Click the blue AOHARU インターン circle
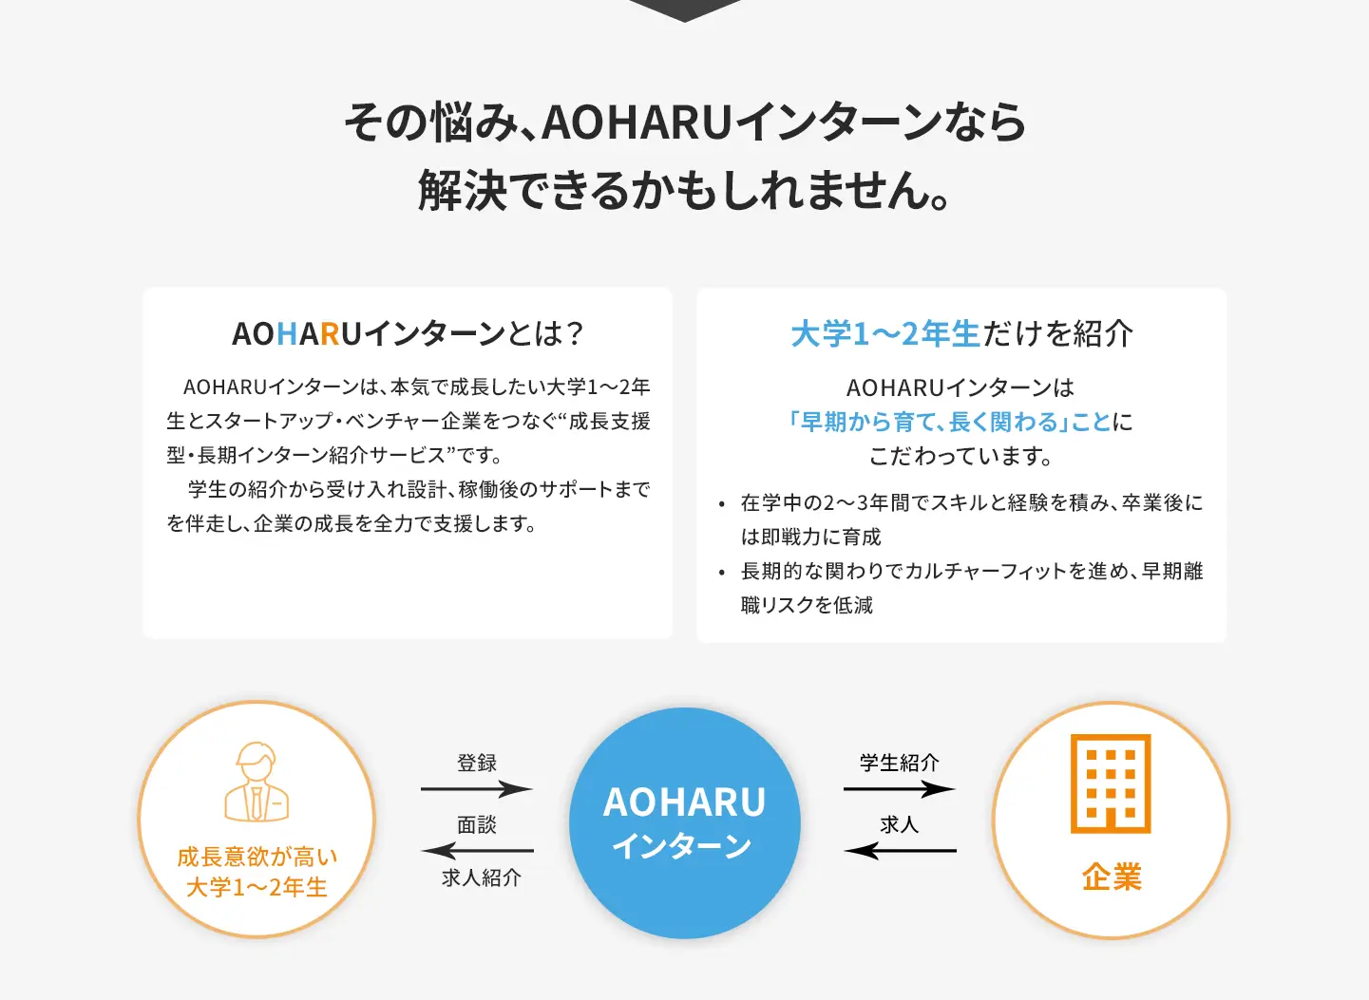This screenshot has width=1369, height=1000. coord(684,822)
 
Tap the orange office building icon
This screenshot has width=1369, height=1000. coord(1111,783)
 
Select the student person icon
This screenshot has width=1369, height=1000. coord(257,782)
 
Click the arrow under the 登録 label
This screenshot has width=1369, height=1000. coord(477,789)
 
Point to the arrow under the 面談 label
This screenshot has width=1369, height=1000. coord(477,850)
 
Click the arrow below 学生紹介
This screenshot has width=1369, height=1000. coord(900,789)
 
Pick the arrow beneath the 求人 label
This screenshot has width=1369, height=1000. coord(900,850)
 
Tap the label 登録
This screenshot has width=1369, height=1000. coord(477,763)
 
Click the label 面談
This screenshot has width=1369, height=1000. coord(477,824)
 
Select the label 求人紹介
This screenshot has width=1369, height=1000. coord(482,877)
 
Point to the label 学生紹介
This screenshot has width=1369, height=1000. coord(900,763)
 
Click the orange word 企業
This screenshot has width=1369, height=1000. coord(1112,877)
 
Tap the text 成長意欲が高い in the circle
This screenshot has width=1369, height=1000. coord(257,857)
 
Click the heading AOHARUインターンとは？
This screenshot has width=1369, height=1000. coord(408,333)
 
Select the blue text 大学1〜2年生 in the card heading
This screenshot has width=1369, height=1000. coord(885,333)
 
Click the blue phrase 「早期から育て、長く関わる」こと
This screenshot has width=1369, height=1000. coord(948,422)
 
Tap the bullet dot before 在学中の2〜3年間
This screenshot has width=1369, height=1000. coord(722,504)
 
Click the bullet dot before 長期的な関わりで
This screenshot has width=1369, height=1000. coord(722,573)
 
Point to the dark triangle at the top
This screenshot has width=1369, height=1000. coord(684,9)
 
